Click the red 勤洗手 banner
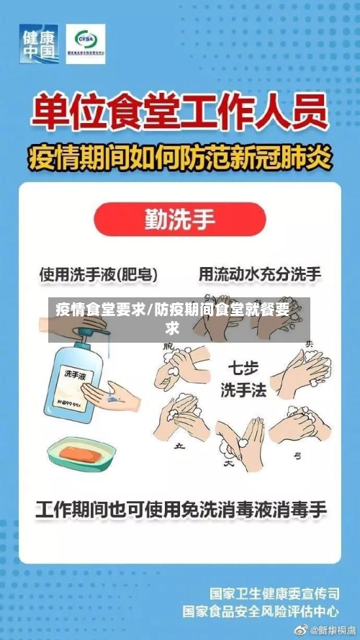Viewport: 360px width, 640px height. pyautogui.click(x=180, y=219)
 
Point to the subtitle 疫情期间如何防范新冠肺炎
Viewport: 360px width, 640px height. pyautogui.click(x=179, y=156)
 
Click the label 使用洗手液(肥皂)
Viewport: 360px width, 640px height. pyautogui.click(x=99, y=274)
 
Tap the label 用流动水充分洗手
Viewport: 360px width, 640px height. pyautogui.click(x=260, y=274)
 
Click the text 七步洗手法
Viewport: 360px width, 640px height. pyautogui.click(x=243, y=379)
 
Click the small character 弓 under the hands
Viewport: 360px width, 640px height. pyautogui.click(x=296, y=456)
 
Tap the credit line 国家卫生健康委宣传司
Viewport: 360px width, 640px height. pyautogui.click(x=274, y=595)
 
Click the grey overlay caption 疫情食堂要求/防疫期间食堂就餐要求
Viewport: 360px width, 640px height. pyautogui.click(x=180, y=320)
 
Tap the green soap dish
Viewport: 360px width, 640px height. pyautogui.click(x=81, y=454)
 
